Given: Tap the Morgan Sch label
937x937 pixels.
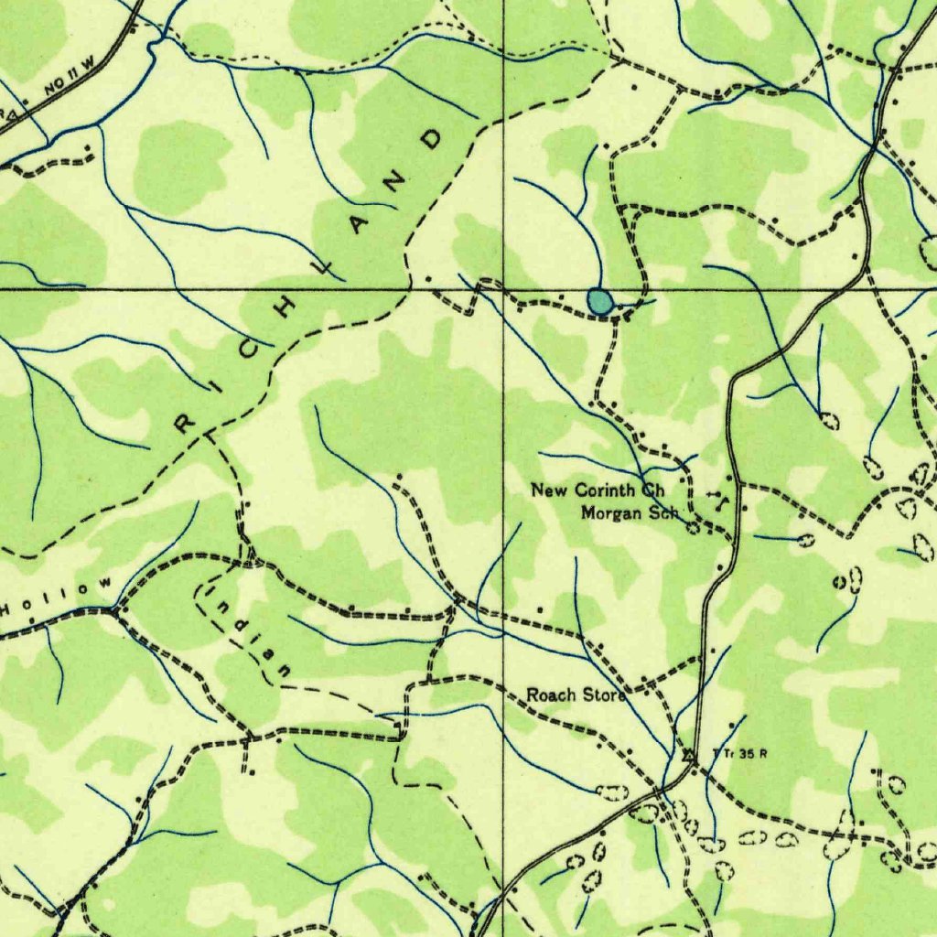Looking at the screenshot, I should pos(630,512).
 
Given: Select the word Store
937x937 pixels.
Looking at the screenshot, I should pos(604,695).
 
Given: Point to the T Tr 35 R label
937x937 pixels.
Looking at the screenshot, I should pos(738,755).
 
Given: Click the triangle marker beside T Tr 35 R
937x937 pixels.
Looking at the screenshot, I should pos(688,755).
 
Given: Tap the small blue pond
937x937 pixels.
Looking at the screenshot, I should pos(599,300).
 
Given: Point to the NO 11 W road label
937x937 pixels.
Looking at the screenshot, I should pos(69,84).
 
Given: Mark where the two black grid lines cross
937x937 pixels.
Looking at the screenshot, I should pos(503,289).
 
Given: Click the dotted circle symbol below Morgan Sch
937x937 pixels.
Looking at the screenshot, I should pos(693,528).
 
